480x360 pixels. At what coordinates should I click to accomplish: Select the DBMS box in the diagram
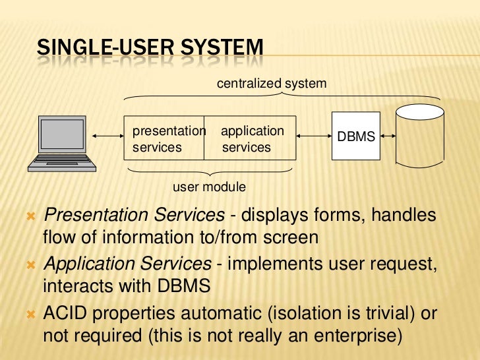pyautogui.click(x=355, y=136)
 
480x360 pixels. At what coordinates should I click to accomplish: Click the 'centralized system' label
pyautogui.click(x=272, y=84)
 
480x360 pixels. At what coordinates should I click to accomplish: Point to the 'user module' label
pyautogui.click(x=209, y=187)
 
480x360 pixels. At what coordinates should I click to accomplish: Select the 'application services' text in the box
pyautogui.click(x=251, y=139)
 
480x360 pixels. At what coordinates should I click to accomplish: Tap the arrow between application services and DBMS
pyautogui.click(x=313, y=137)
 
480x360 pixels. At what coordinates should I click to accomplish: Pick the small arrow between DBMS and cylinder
pyautogui.click(x=388, y=137)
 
